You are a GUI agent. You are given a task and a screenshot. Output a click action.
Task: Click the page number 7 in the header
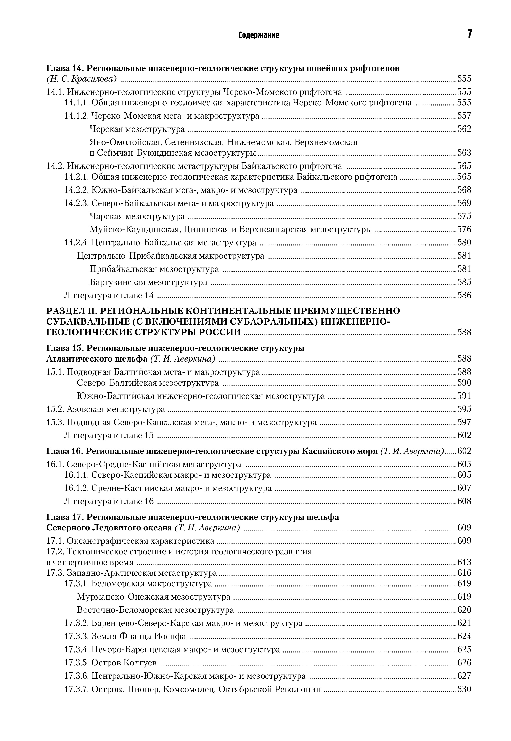tap(469, 34)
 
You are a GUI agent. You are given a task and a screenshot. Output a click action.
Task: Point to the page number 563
tap(464, 153)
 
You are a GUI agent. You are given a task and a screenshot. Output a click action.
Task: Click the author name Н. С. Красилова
tap(81, 79)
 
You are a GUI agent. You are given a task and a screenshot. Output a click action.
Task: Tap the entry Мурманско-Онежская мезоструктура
tap(154, 597)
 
